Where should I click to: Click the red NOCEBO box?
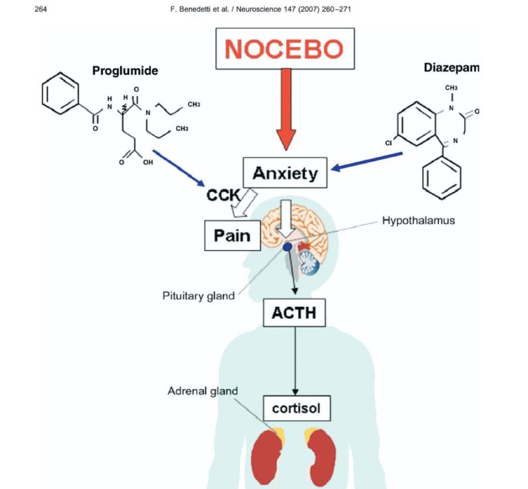tap(284, 48)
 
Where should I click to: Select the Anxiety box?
tap(285, 173)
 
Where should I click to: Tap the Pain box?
tap(232, 236)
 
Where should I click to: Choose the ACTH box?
tap(294, 312)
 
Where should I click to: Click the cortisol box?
tap(296, 409)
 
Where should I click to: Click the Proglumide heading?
tap(125, 71)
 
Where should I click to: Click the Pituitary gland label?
tap(199, 296)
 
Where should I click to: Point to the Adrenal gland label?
tap(203, 391)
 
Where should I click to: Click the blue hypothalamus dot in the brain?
tap(287, 248)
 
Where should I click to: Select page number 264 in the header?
tap(41, 9)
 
